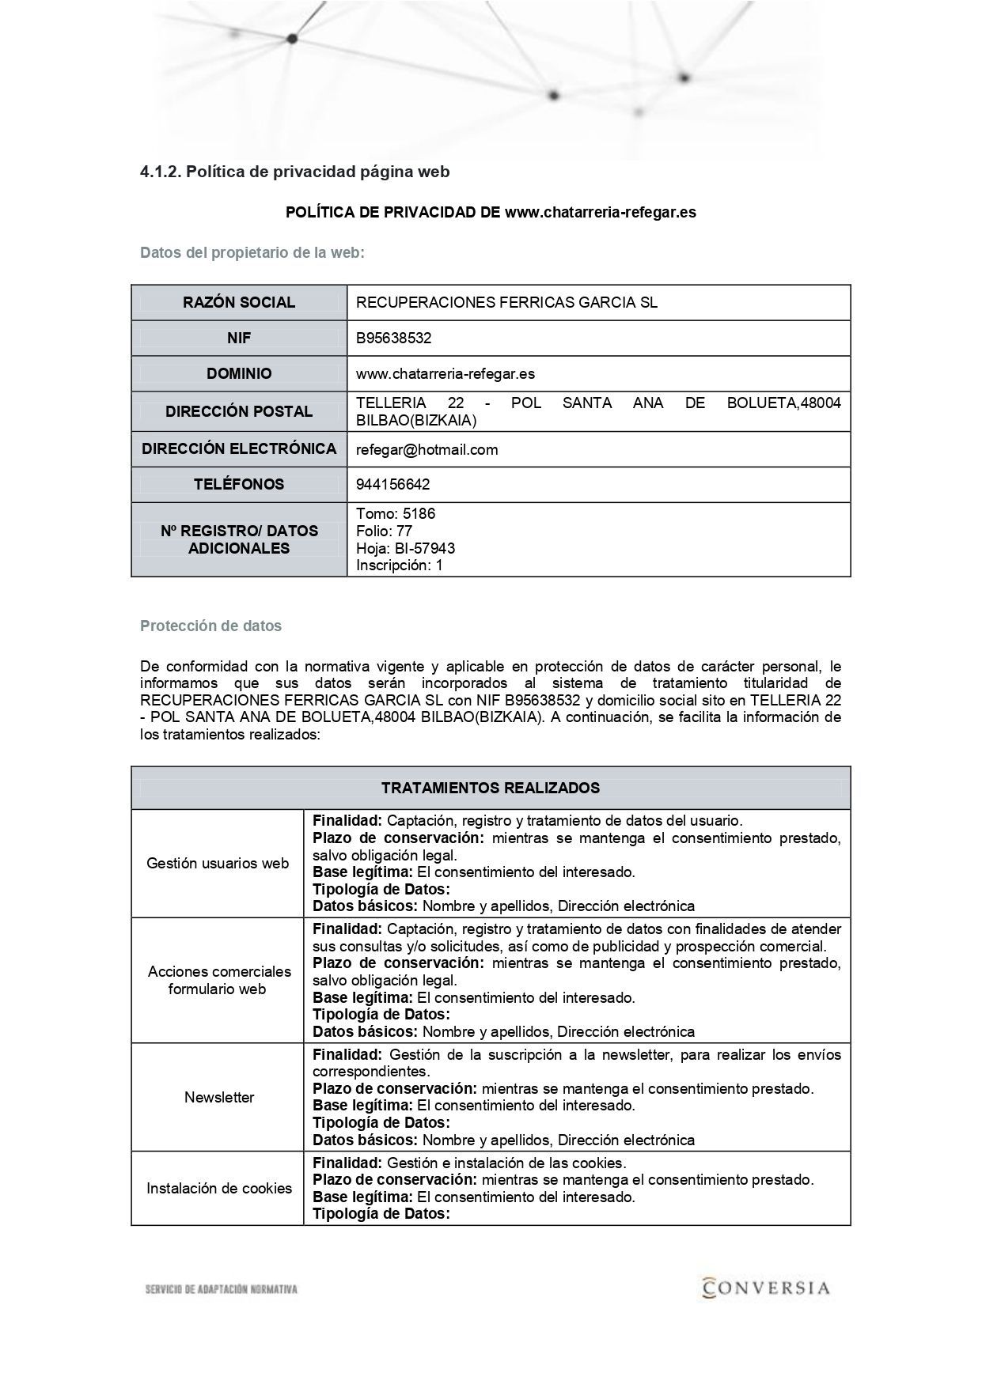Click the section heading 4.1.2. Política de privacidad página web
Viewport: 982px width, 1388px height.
pos(294,172)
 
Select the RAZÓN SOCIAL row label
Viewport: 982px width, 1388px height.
pos(239,302)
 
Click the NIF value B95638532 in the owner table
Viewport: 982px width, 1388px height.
pos(393,338)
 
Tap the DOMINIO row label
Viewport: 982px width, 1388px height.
pos(239,373)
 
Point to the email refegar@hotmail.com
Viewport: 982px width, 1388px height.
pos(427,449)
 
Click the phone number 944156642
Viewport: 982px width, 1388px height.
pos(392,484)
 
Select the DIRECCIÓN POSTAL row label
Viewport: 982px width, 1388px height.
pos(239,411)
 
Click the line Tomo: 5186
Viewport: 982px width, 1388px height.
pos(396,513)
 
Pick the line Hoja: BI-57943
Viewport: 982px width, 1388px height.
pos(405,548)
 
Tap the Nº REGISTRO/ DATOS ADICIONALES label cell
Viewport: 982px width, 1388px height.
pos(239,539)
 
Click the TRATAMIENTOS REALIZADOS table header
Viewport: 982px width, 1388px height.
pos(491,788)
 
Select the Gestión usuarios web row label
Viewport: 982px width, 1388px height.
pos(218,863)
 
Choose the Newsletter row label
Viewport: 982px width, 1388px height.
pos(219,1097)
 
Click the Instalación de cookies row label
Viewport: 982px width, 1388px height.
pos(219,1188)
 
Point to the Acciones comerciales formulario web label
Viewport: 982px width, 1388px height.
pos(219,980)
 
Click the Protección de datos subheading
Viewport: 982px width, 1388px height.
pos(210,626)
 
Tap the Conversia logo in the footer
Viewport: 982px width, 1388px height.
pos(765,1288)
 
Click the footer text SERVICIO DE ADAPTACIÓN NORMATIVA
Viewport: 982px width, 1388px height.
pos(222,1290)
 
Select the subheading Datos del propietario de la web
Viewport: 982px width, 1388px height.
pos(252,253)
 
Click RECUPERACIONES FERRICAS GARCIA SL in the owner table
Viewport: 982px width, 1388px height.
pos(506,302)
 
